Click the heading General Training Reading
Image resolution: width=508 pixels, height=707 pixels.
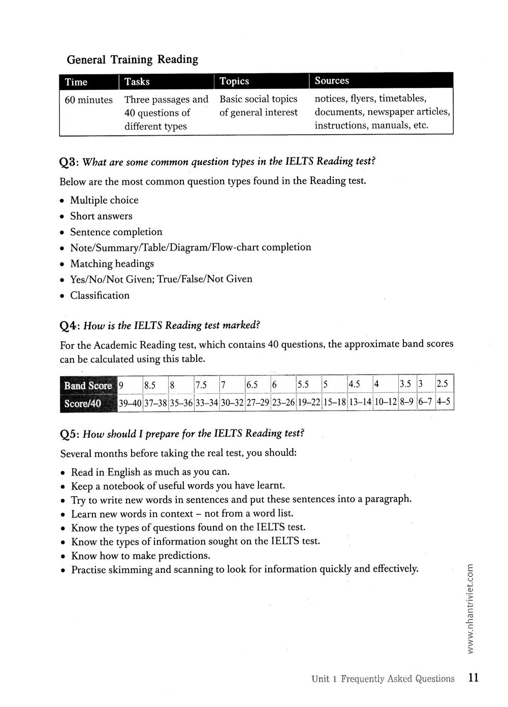pyautogui.click(x=132, y=59)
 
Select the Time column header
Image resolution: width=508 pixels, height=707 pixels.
pyautogui.click(x=76, y=82)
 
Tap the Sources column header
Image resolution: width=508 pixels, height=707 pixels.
pyautogui.click(x=332, y=81)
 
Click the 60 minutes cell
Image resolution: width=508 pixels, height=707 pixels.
pyautogui.click(x=89, y=100)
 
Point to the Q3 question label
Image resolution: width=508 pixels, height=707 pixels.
pyautogui.click(x=69, y=162)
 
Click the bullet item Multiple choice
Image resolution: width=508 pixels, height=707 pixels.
pyautogui.click(x=104, y=200)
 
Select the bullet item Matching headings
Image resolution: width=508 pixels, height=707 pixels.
pyautogui.click(x=112, y=264)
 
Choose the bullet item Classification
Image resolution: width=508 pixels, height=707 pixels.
pyautogui.click(x=100, y=295)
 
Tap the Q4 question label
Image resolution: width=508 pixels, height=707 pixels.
pyautogui.click(x=69, y=326)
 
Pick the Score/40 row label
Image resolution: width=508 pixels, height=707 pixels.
pyautogui.click(x=83, y=404)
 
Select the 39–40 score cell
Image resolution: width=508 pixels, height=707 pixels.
pyautogui.click(x=130, y=404)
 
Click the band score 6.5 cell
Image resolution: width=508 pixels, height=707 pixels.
pyautogui.click(x=252, y=385)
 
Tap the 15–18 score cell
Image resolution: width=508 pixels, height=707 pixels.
pyautogui.click(x=334, y=403)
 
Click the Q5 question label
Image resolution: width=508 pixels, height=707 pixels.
pyautogui.click(x=69, y=434)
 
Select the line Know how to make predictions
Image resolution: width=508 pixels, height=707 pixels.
pyautogui.click(x=141, y=556)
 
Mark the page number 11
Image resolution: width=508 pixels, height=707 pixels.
pyautogui.click(x=473, y=678)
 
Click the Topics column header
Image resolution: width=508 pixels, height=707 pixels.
pyautogui.click(x=234, y=81)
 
